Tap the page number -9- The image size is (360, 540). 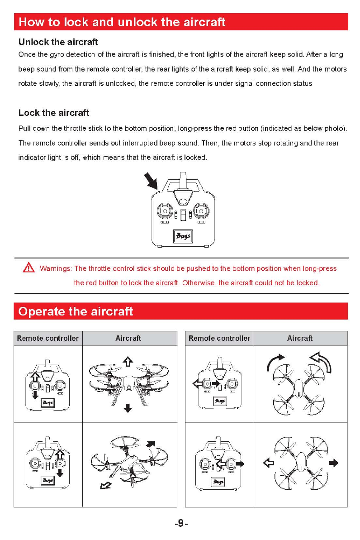(x=180, y=523)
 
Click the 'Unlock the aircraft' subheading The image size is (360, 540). (x=58, y=43)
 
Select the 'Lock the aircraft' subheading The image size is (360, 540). (x=54, y=113)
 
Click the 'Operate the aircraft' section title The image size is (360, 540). (x=75, y=311)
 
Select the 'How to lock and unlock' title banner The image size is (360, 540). (x=122, y=22)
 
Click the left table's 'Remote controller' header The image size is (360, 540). (x=48, y=338)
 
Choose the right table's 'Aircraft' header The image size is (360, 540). (x=299, y=338)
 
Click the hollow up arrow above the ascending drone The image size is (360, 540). (x=128, y=361)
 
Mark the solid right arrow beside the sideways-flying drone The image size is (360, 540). (x=334, y=463)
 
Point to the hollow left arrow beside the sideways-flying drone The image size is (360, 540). (x=269, y=463)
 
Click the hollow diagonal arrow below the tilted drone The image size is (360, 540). (x=106, y=486)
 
